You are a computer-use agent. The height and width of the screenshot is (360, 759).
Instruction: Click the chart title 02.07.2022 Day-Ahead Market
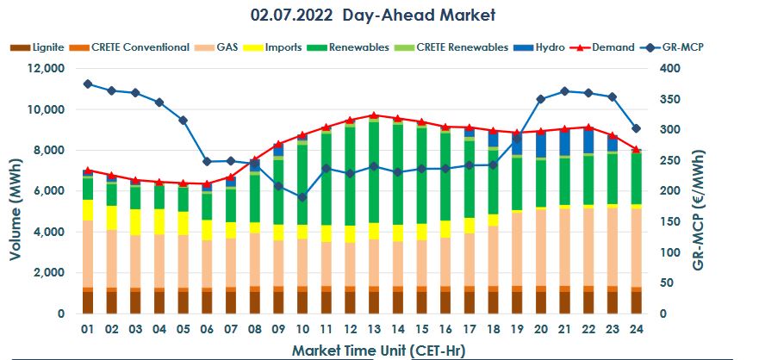point(373,16)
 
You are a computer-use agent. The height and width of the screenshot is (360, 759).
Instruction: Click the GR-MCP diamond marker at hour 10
point(302,197)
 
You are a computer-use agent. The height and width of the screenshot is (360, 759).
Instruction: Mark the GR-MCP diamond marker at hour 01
point(88,84)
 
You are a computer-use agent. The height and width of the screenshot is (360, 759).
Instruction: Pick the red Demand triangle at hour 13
point(373,115)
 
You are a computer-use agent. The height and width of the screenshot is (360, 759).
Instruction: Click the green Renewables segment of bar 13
point(373,172)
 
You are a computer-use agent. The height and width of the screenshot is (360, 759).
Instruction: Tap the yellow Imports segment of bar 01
point(88,210)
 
